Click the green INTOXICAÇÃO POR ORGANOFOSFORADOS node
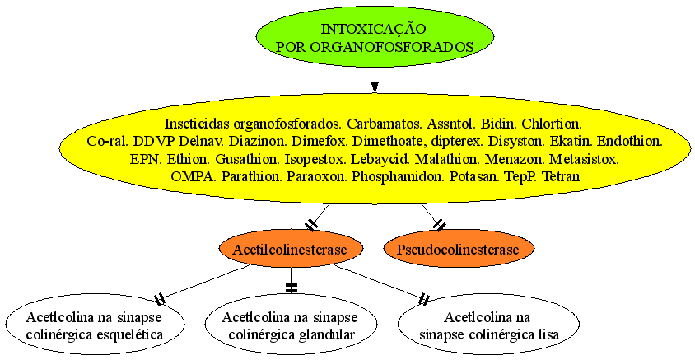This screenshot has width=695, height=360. click(x=375, y=37)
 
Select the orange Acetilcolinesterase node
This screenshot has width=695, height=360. click(x=291, y=249)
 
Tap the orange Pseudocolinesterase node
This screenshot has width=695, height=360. click(x=458, y=249)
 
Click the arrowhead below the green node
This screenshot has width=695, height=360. click(x=375, y=86)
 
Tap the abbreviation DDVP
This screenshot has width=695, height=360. click(x=154, y=142)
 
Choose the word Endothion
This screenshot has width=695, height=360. click(x=630, y=142)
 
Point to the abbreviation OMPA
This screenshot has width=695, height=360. click(x=194, y=176)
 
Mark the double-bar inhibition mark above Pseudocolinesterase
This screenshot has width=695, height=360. click(x=439, y=225)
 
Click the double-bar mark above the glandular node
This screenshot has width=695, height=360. click(x=291, y=288)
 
